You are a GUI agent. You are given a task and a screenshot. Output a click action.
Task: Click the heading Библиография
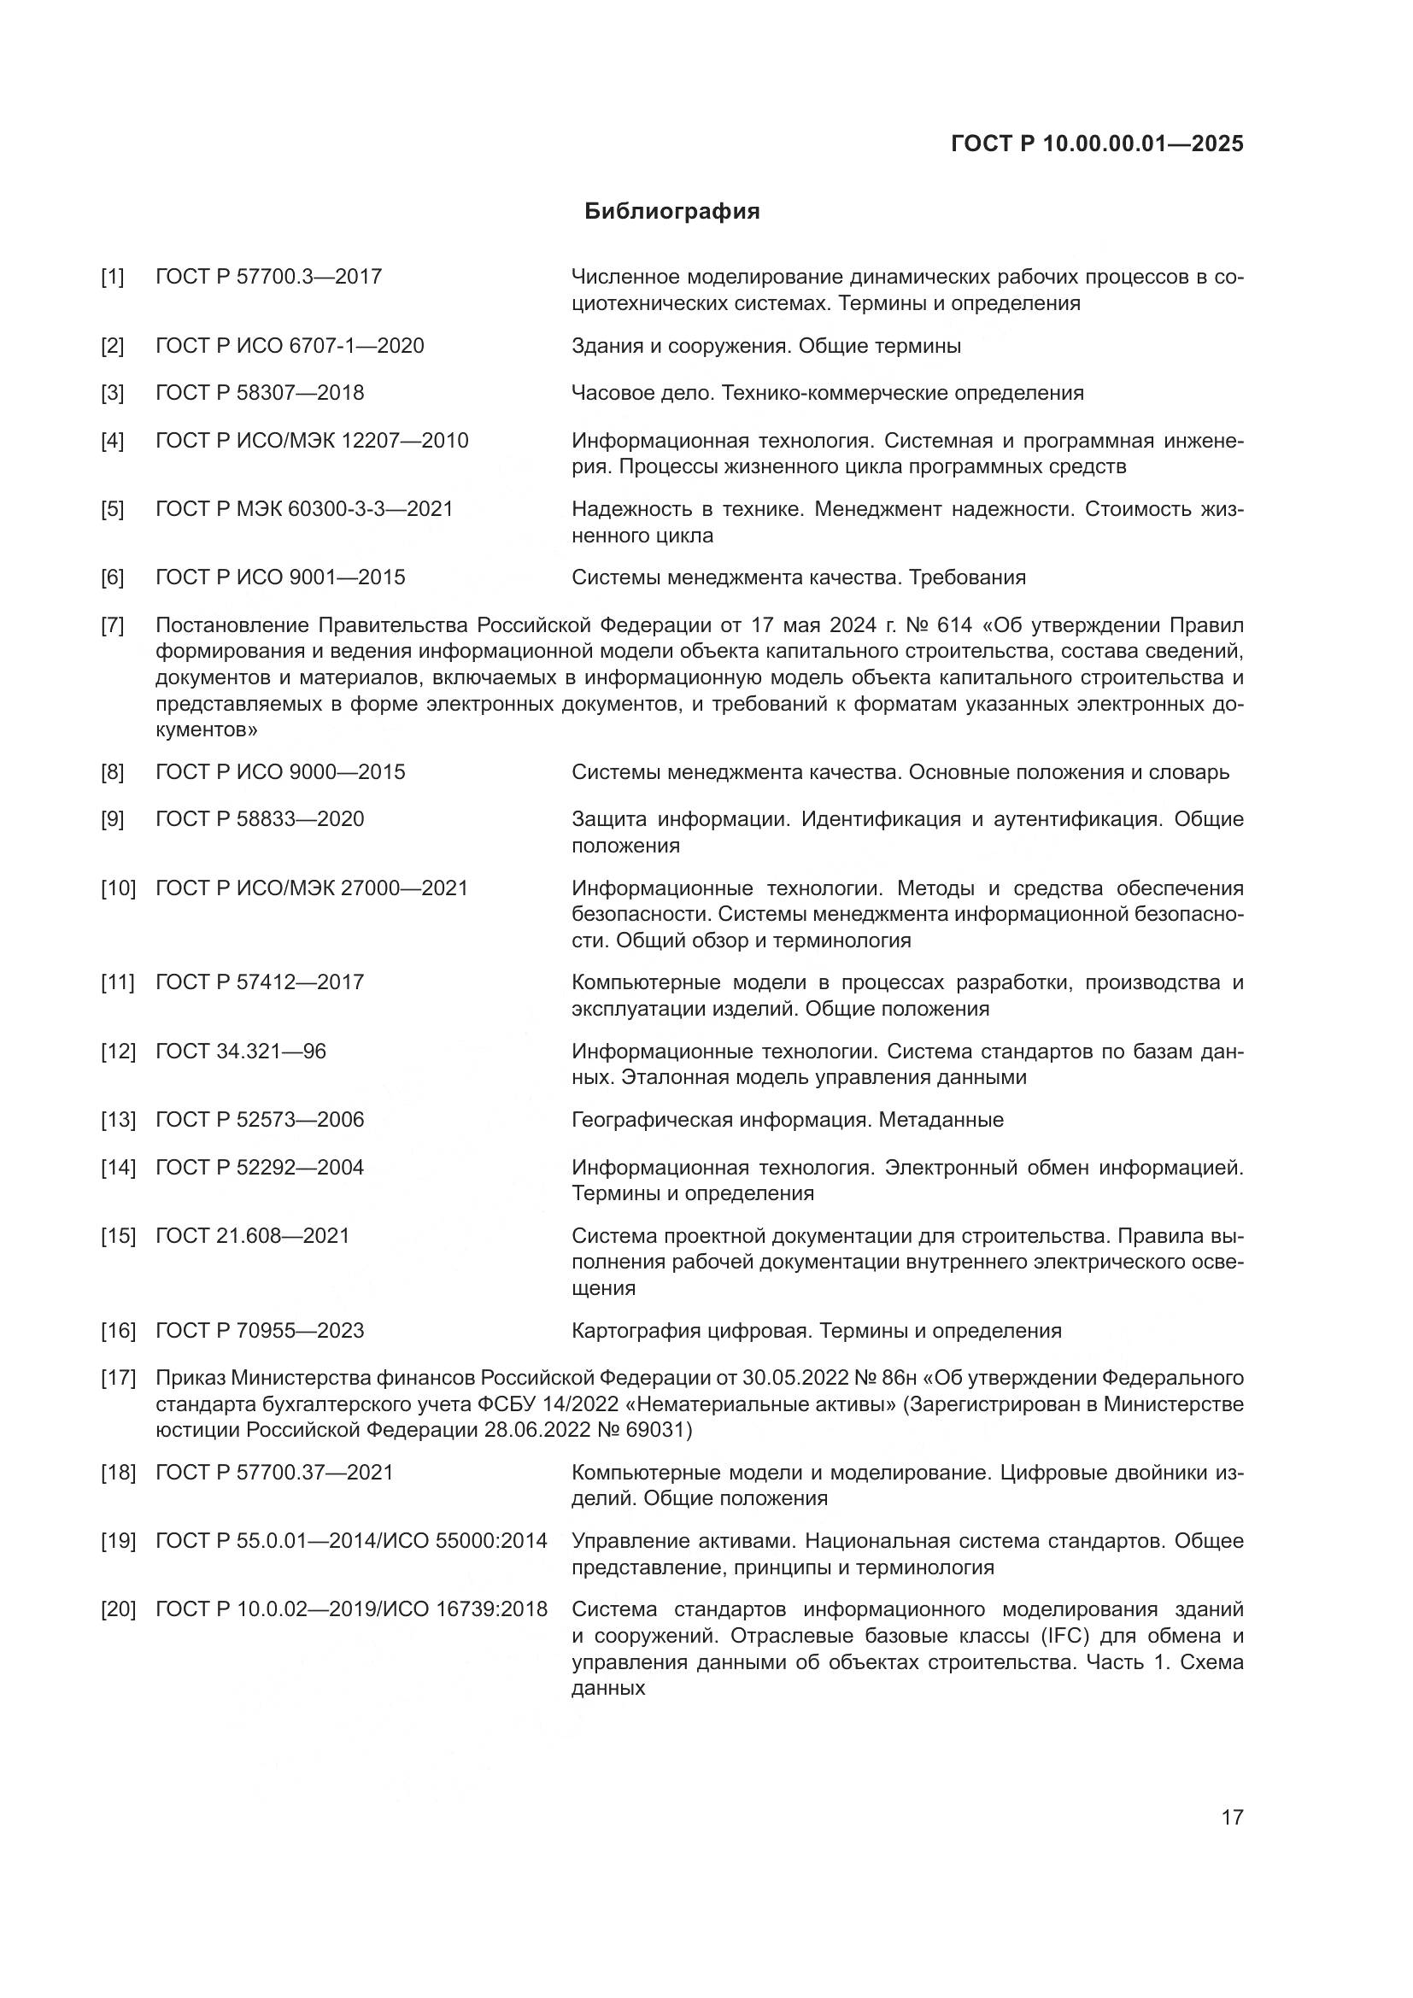[671, 212]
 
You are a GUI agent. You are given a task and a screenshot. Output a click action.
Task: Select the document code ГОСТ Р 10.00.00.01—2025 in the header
[1097, 144]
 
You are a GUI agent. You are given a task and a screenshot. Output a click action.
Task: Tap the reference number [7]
[112, 624]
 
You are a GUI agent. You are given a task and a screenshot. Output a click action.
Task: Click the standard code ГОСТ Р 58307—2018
[260, 392]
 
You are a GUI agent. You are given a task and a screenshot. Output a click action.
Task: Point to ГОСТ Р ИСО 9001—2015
[280, 577]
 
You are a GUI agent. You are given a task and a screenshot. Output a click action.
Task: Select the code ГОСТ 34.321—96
[240, 1052]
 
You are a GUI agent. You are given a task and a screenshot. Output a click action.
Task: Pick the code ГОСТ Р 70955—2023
[260, 1331]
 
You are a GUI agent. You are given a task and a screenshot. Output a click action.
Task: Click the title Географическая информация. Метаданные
[788, 1120]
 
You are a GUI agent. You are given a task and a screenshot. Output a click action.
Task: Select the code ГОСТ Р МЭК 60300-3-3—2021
[304, 508]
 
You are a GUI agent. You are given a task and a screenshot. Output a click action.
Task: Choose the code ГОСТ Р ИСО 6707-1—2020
[290, 345]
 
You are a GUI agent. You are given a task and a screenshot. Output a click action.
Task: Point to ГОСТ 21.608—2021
[252, 1236]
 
